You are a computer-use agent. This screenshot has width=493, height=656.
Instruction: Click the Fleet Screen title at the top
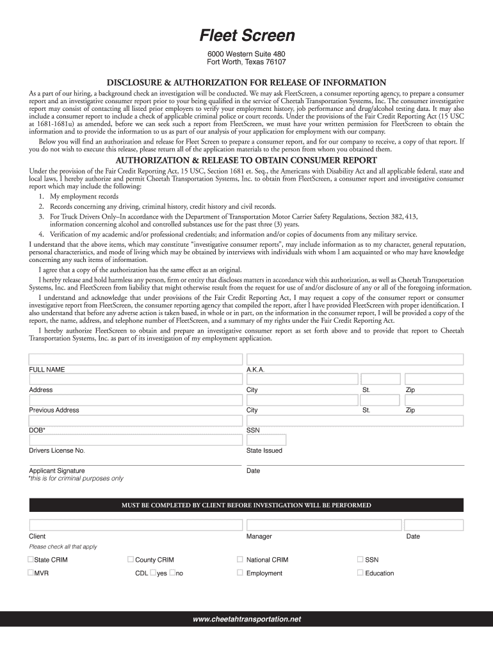point(246,35)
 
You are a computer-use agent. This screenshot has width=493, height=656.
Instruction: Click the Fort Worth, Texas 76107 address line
point(246,62)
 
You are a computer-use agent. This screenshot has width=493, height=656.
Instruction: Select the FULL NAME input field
point(135,359)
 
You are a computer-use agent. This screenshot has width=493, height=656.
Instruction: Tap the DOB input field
point(135,420)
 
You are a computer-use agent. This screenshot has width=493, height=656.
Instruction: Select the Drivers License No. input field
point(135,440)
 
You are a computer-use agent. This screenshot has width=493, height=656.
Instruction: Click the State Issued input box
point(266,440)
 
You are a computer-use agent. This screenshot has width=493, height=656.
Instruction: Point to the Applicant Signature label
point(57,471)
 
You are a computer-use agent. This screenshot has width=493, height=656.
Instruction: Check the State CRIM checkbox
point(31,559)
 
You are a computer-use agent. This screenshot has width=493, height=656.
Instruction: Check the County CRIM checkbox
point(131,559)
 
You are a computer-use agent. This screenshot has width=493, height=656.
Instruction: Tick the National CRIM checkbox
point(240,559)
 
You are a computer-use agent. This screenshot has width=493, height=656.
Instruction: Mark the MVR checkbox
point(31,573)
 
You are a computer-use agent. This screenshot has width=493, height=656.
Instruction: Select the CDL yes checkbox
point(153,573)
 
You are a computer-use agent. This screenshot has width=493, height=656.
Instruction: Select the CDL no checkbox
point(173,573)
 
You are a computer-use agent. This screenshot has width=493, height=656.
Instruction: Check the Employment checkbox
point(240,573)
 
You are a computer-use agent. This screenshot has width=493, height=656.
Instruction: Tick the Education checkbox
point(360,573)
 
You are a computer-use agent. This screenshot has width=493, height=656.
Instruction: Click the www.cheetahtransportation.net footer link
point(247,619)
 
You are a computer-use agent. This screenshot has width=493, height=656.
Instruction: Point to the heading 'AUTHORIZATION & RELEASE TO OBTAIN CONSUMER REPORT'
point(246,160)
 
